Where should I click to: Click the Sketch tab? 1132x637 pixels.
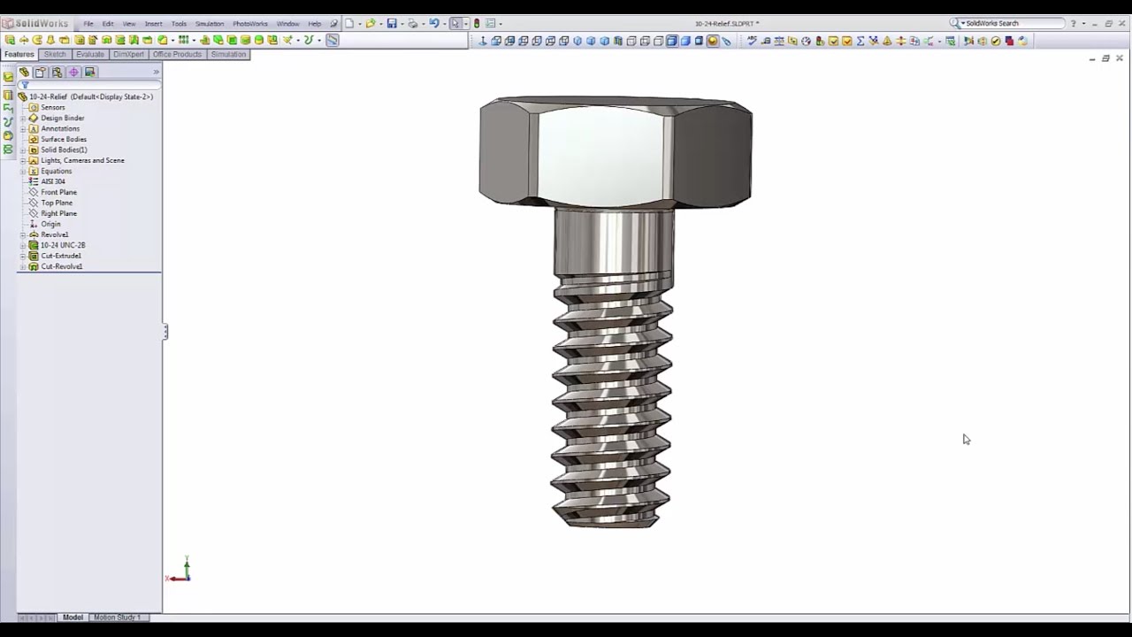click(55, 54)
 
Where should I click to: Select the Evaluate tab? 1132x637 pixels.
click(89, 54)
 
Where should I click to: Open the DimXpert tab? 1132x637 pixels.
click(128, 54)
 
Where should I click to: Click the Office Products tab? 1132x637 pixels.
click(177, 54)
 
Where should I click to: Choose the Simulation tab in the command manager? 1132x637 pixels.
click(228, 54)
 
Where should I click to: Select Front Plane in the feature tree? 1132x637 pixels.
click(58, 192)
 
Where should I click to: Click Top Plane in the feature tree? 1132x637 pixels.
click(57, 203)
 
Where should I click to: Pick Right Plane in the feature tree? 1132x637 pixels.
click(58, 213)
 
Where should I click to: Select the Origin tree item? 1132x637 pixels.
click(50, 224)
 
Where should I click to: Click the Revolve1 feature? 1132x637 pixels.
click(54, 234)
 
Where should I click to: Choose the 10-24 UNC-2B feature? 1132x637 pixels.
click(63, 245)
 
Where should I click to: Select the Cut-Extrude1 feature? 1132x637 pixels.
click(61, 256)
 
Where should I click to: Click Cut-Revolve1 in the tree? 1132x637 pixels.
click(61, 266)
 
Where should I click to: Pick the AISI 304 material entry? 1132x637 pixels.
click(53, 181)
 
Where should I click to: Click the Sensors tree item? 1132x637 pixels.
click(52, 107)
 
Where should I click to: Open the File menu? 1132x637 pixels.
click(88, 24)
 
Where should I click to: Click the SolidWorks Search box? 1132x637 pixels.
click(1013, 23)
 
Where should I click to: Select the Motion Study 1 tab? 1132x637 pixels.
click(117, 617)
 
